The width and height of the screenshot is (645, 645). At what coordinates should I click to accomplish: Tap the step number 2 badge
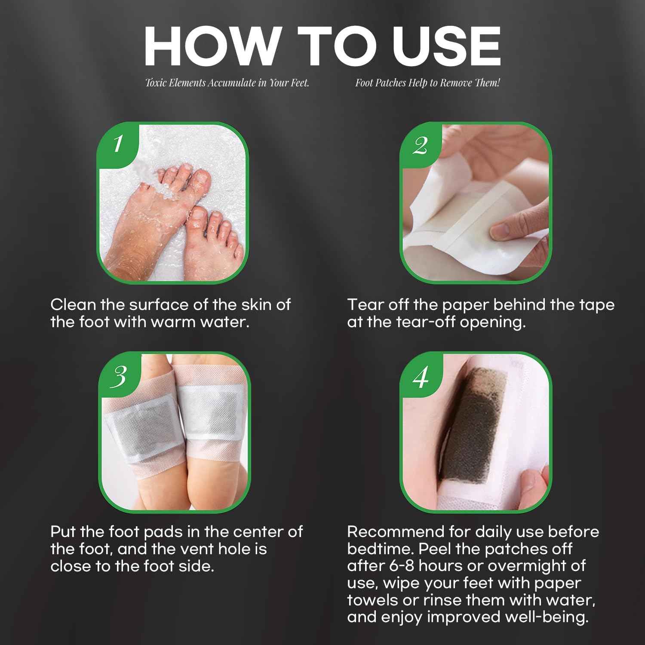click(x=420, y=146)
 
